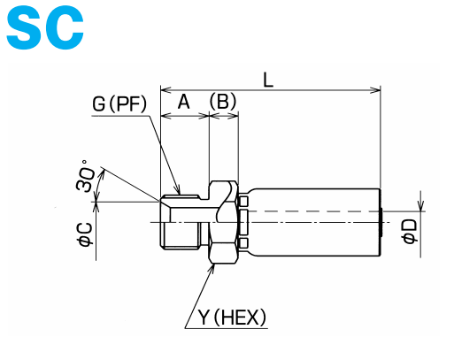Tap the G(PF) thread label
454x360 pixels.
click(119, 104)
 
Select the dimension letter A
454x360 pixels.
click(183, 102)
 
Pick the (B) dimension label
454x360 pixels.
click(223, 102)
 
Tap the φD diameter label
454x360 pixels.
click(409, 231)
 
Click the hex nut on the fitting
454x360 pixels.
click(223, 221)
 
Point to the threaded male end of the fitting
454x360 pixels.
click(184, 221)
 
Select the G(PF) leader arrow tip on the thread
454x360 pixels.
click(180, 193)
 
